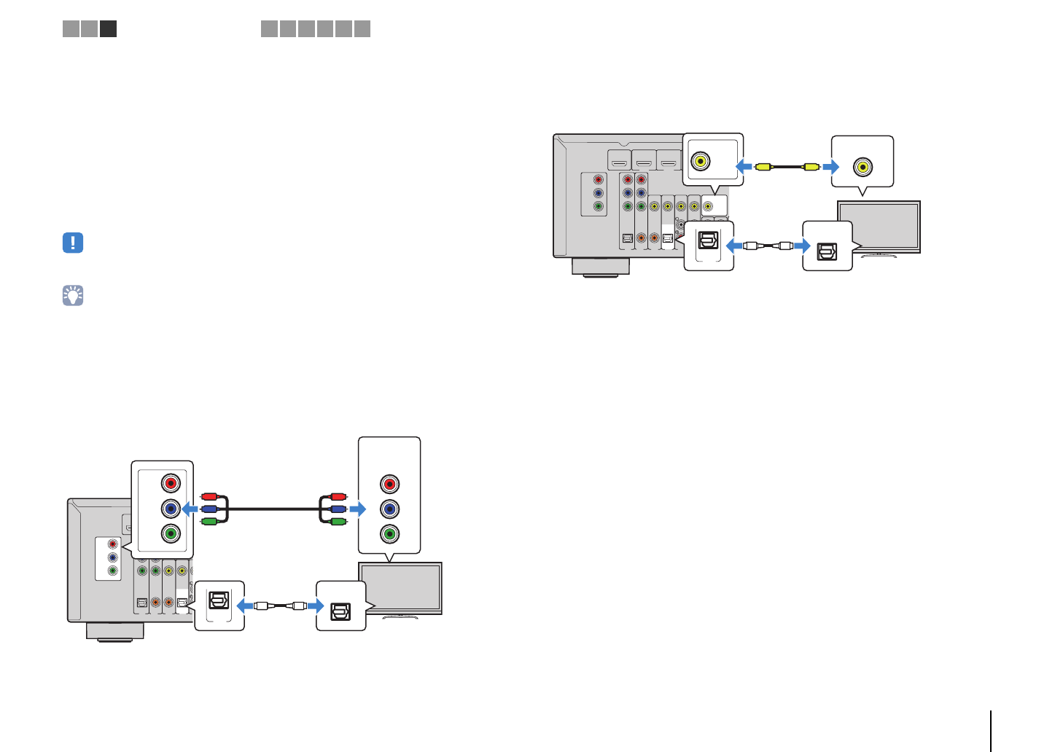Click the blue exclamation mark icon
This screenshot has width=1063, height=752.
click(73, 243)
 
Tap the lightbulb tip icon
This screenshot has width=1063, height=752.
click(73, 295)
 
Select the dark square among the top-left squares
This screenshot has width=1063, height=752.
click(108, 28)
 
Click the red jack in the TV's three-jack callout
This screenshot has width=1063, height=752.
click(390, 484)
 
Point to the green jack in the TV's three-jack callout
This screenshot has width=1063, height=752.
click(390, 533)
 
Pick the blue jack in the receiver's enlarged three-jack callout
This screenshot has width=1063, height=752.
click(171, 508)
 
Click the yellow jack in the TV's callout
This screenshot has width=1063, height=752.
click(863, 167)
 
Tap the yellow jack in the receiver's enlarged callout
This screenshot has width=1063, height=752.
click(701, 161)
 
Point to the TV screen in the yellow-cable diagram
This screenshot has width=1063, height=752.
click(881, 226)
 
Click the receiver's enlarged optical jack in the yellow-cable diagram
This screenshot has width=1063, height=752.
click(708, 240)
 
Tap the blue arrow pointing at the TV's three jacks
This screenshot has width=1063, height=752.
click(357, 509)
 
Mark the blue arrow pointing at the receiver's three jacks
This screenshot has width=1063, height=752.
click(190, 509)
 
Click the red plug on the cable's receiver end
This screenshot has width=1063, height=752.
click(209, 496)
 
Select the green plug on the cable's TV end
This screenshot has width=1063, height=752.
click(337, 521)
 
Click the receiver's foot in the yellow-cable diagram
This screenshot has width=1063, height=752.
click(600, 267)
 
